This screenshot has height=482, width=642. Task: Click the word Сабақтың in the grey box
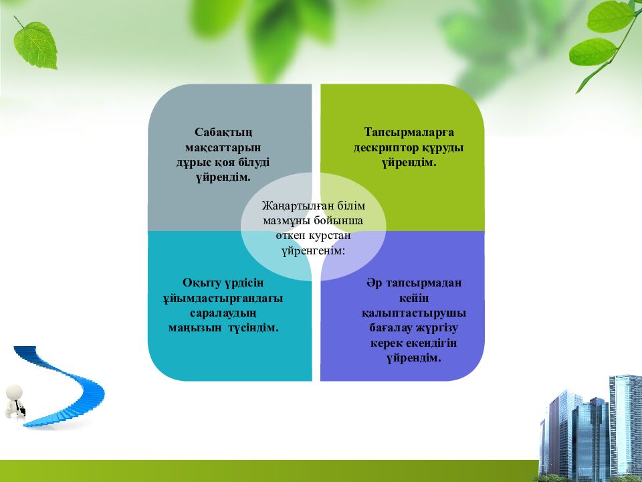tap(223, 133)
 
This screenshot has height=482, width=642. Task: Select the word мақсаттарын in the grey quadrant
tap(223, 147)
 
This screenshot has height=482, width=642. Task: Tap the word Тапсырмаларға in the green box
tap(409, 133)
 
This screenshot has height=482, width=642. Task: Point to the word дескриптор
tap(386, 147)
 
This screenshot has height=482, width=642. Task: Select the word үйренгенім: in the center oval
tap(313, 251)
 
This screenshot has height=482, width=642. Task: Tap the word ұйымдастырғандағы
tap(223, 299)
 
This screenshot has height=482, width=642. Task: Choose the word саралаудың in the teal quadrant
tap(223, 313)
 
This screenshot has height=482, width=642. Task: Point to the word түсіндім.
tap(253, 328)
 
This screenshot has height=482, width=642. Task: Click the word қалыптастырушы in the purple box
tap(414, 313)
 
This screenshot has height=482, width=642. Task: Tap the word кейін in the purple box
tap(414, 298)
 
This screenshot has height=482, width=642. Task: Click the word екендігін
tap(431, 343)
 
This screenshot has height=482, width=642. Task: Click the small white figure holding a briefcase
tap(15, 401)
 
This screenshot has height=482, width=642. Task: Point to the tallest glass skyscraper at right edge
tap(625, 426)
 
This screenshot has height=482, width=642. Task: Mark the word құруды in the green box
tap(443, 147)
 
